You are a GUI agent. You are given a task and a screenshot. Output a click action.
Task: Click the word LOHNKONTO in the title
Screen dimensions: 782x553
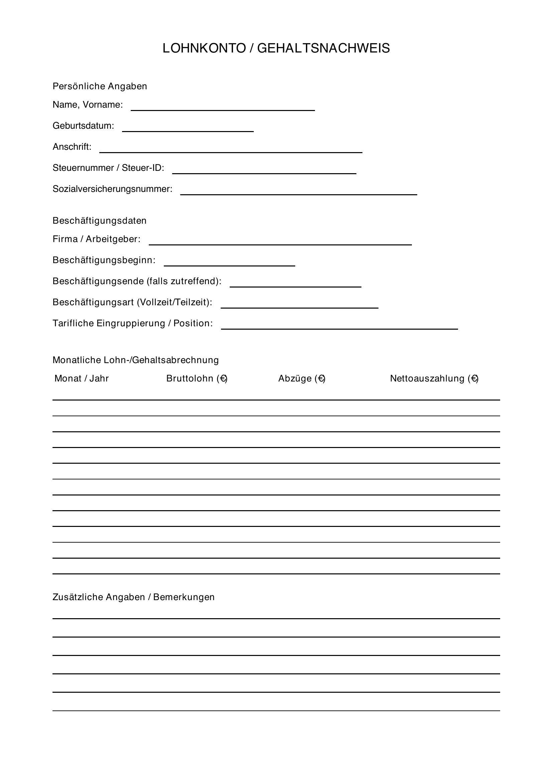pos(204,48)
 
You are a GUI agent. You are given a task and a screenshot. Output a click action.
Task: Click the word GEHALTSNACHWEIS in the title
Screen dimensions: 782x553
pos(323,48)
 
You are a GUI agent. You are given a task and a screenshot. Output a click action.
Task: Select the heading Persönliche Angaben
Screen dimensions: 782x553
pos(100,86)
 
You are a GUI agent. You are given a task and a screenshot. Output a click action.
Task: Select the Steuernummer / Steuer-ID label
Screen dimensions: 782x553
pos(108,168)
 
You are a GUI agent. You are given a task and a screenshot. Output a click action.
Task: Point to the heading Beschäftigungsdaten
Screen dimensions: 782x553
pos(99,221)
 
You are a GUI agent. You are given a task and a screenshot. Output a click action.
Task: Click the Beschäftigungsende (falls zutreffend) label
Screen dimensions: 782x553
pos(137,281)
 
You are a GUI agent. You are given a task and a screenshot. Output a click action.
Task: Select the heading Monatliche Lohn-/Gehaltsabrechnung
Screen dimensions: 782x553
pos(135,360)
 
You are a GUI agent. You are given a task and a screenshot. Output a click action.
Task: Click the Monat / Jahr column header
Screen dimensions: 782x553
pos(81,378)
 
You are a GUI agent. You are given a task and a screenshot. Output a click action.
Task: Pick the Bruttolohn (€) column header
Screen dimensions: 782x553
pos(197,378)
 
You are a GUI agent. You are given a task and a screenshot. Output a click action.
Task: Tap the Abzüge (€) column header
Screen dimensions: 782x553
pos(302,378)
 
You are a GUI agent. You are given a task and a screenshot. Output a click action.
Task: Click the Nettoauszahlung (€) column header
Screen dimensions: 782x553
pos(434,378)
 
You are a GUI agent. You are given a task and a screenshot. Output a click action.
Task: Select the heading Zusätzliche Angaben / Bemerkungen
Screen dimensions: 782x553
pos(133,597)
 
